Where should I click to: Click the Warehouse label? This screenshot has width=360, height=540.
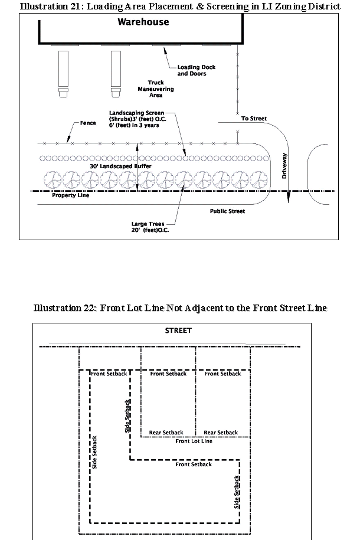(x=143, y=22)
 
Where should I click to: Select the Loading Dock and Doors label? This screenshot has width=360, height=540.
(x=196, y=70)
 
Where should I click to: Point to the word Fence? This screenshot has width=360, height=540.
(x=88, y=124)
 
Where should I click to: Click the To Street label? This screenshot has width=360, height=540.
(x=254, y=119)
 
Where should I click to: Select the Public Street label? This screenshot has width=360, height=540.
(x=227, y=211)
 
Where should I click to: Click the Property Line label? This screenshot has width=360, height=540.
(x=70, y=195)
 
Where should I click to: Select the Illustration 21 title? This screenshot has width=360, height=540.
(x=180, y=6)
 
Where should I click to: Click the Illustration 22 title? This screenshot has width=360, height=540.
(x=180, y=308)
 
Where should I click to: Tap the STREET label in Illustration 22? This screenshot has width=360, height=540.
(x=178, y=330)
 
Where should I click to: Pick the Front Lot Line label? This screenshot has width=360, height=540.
(x=194, y=441)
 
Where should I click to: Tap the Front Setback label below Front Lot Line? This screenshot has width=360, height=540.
(x=194, y=464)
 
